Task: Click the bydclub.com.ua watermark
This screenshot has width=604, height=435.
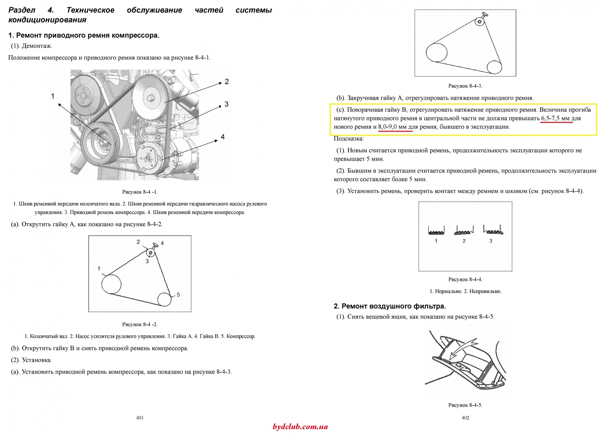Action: tap(300, 427)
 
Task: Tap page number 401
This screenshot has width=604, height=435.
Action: tap(140, 418)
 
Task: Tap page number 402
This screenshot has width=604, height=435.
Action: tap(465, 418)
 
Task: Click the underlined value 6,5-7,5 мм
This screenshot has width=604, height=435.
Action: tap(556, 118)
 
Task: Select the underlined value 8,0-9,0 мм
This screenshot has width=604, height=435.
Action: tap(395, 127)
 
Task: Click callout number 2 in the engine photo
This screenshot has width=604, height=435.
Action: tap(227, 82)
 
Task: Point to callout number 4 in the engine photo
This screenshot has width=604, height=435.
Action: tap(223, 137)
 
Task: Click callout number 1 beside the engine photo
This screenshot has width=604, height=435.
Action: tap(53, 96)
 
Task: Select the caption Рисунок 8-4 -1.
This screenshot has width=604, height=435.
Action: tap(140, 192)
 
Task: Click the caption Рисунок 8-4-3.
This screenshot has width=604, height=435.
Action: tap(465, 86)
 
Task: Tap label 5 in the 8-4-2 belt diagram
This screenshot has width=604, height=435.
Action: tap(178, 295)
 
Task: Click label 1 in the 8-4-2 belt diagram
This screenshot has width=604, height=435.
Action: tap(99, 268)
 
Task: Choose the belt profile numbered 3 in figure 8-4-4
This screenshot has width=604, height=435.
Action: tap(493, 230)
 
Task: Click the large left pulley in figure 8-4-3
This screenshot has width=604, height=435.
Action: tap(437, 53)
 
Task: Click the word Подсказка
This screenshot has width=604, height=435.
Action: tap(349, 138)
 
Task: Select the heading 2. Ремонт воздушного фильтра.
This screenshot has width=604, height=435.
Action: tap(390, 306)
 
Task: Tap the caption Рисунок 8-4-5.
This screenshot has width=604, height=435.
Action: tap(465, 405)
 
